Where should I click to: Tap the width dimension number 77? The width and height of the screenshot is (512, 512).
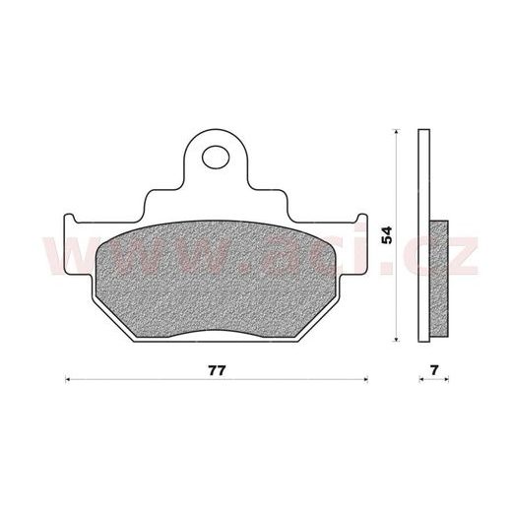pos(217,370)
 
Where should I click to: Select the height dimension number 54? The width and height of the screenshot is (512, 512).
pos(387,235)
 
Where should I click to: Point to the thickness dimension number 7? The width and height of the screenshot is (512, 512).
pos(434,370)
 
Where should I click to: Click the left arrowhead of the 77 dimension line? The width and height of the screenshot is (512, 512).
pos(68,379)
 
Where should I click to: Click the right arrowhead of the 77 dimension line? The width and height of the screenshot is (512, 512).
pos(365,379)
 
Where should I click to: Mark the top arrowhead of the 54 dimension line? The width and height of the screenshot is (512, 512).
pos(397,132)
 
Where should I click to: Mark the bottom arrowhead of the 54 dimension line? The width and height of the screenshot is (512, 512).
pos(397,340)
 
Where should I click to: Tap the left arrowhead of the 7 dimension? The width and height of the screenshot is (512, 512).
pos(420,379)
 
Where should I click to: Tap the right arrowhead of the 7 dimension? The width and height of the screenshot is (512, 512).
pos(446,379)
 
